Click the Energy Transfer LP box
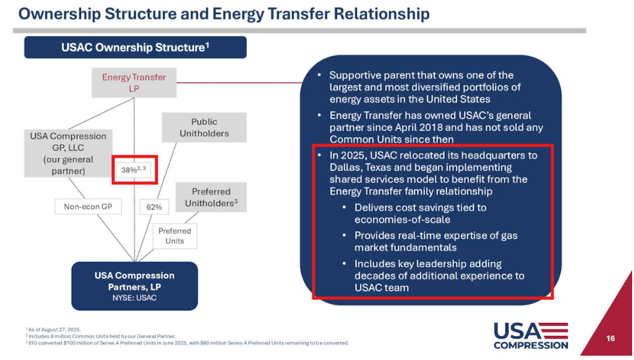134,83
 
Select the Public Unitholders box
204,127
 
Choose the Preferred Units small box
174,236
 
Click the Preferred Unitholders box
211,197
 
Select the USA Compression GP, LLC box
68,153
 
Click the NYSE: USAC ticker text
134,298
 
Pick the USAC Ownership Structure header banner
135,48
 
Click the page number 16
610,338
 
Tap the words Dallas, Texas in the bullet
364,167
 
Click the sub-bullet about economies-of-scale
420,213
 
